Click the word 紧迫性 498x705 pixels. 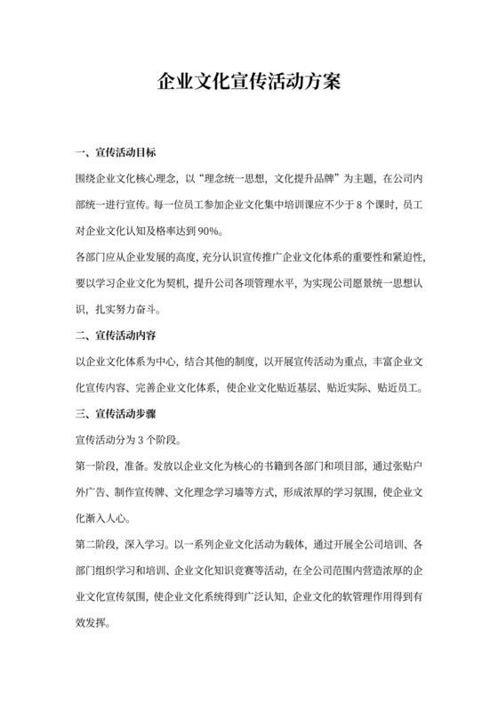[405, 257]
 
